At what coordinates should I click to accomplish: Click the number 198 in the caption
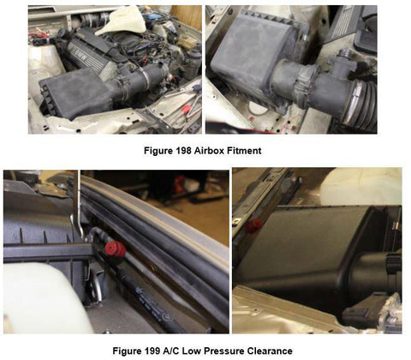coord(183,151)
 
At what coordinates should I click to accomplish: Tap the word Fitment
coord(244,151)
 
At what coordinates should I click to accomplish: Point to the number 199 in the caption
coord(152,351)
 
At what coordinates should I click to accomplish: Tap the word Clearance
coord(270,351)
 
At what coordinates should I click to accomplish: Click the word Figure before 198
coord(158,151)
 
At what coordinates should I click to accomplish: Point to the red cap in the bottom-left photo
coord(115,249)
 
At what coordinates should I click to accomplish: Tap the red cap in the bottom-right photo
coord(253,225)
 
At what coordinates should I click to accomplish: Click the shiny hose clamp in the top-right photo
coord(353,100)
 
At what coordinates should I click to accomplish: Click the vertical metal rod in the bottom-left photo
coord(77,204)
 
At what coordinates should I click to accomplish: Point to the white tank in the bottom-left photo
coord(45,297)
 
